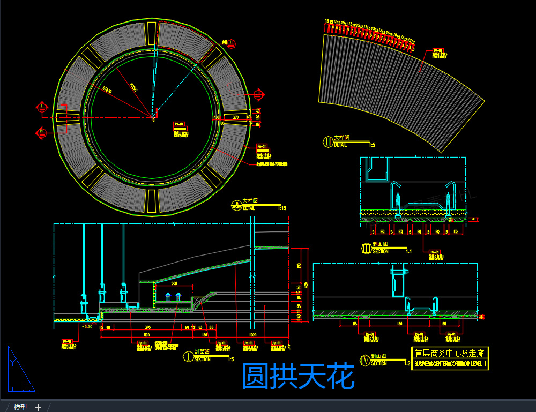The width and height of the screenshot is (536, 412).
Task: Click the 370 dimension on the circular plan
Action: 235,117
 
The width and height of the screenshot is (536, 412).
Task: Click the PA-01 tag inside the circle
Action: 179,125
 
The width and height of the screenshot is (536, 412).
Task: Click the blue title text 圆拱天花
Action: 298,376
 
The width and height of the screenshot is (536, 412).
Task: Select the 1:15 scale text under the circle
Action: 282,208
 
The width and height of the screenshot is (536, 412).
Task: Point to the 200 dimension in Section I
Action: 174,283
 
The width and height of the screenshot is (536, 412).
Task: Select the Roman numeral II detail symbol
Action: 327,141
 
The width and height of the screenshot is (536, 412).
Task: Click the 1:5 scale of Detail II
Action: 371,145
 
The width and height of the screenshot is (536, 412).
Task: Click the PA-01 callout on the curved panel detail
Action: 438,51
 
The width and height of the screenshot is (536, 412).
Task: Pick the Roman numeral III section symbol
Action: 367,248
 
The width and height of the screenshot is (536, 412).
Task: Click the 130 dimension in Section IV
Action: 399,324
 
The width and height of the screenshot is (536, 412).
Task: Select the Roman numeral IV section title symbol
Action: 366,359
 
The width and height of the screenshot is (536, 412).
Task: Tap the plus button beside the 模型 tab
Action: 38,408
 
